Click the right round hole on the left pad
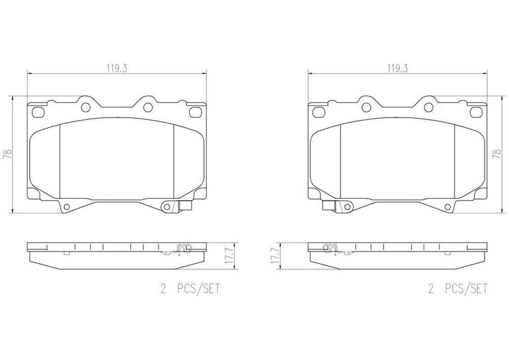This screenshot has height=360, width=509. point(148,106)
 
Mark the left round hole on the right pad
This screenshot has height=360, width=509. point(366,106)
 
